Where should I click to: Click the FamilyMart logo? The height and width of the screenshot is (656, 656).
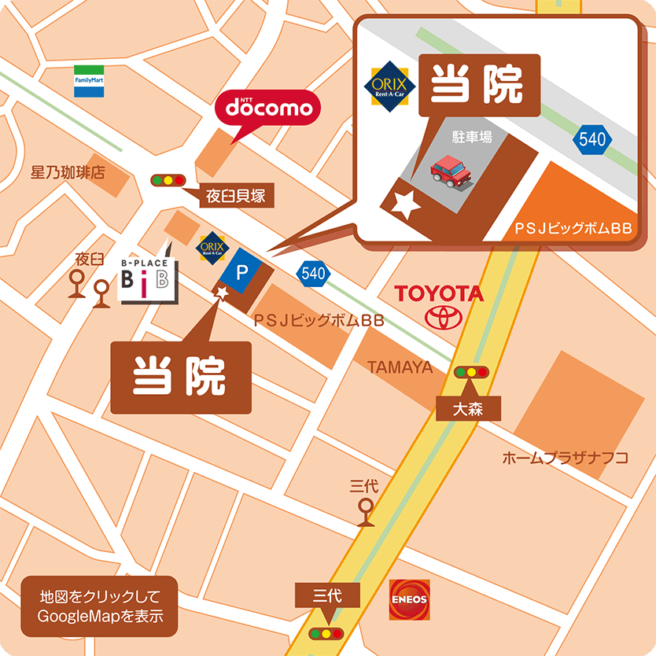[89, 81]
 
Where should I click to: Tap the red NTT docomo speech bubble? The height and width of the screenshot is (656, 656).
[269, 109]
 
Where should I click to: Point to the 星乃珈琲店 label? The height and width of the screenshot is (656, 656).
[68, 172]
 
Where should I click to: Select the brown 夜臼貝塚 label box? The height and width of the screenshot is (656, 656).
[237, 197]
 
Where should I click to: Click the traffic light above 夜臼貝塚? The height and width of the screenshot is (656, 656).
[168, 180]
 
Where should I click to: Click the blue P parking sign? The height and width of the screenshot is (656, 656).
[242, 273]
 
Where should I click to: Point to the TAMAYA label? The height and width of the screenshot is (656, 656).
[400, 367]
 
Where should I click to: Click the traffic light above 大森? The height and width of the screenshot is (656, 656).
[471, 371]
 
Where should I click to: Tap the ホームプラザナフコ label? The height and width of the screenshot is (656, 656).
[565, 458]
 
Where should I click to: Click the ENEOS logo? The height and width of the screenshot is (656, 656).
[409, 599]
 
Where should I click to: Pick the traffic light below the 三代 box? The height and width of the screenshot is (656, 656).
[326, 633]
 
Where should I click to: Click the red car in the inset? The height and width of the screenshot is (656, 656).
[449, 171]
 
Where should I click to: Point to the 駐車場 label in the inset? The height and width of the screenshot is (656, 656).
[471, 137]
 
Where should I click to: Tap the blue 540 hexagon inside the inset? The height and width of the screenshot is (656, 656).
[592, 140]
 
